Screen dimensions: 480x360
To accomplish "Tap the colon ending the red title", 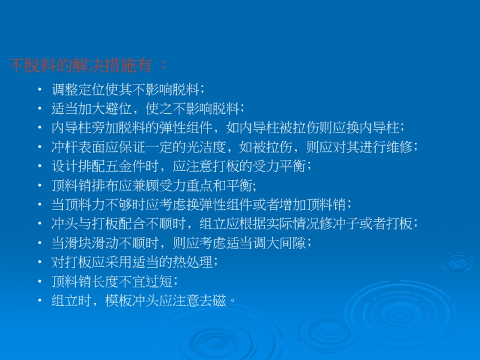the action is tap(163, 64).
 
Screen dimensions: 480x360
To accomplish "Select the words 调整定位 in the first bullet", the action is tap(79, 89).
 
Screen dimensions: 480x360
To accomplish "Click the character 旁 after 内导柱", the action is tap(98, 128).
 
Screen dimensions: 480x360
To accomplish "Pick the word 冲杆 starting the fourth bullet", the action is tap(65, 147).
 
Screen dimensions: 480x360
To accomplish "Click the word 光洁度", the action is tap(206, 147).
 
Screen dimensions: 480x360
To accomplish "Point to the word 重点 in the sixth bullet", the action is tap(199, 185).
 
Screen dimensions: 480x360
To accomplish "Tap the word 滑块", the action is tap(79, 243).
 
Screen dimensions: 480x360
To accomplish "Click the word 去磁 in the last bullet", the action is tap(212, 301).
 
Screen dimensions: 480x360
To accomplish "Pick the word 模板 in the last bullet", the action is tap(118, 301).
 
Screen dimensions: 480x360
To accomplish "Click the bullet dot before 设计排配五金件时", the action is tap(40, 166).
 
